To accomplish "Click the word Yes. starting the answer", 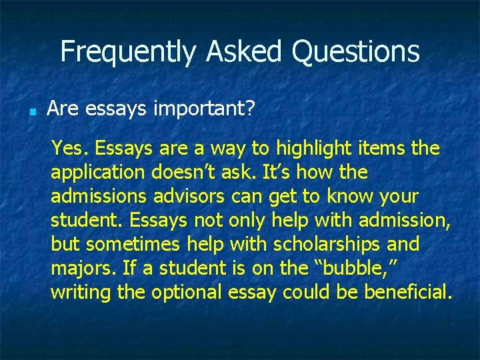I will [x=66, y=147].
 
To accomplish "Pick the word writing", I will [x=81, y=293].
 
